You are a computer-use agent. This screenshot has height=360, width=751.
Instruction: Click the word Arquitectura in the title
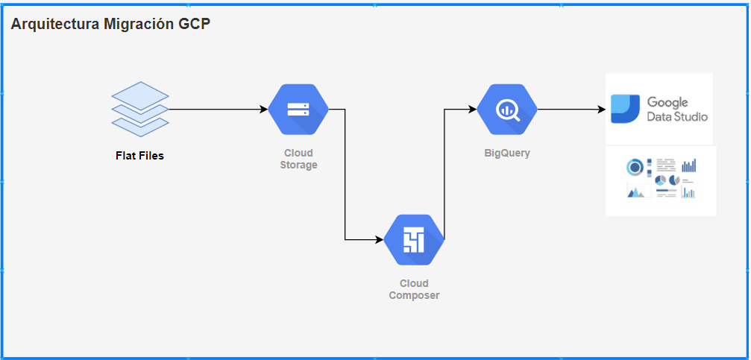coord(53,24)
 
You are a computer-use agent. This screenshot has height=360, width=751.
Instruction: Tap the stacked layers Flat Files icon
coord(140,109)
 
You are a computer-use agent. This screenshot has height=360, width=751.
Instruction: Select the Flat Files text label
coord(139,156)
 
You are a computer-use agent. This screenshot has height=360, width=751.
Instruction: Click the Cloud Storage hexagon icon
coord(298,109)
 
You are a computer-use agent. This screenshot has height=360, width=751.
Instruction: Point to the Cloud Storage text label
coord(298,159)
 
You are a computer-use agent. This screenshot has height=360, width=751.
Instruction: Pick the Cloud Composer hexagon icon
coord(414,239)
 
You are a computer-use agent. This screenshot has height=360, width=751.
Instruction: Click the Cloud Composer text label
coord(414,289)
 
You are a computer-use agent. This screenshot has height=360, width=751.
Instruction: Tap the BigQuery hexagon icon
coord(507,109)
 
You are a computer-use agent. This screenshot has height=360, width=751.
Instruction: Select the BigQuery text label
coord(507,153)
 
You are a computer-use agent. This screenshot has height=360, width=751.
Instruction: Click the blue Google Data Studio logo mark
coord(625,109)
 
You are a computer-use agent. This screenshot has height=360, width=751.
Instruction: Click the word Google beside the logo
coord(667,102)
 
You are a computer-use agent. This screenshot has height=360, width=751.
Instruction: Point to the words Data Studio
coord(677,117)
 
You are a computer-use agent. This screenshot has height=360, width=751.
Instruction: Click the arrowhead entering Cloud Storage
coord(263,109)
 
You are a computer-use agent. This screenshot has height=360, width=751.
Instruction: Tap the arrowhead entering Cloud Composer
coord(379,239)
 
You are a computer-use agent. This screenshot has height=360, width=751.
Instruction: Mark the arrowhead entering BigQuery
coord(472,109)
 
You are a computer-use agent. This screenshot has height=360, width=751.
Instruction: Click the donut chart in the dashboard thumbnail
coord(634,166)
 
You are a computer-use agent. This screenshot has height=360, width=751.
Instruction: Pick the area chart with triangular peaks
coord(635,192)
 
